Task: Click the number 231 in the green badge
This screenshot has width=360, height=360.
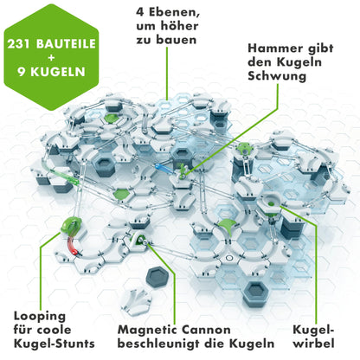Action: point(25,42)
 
